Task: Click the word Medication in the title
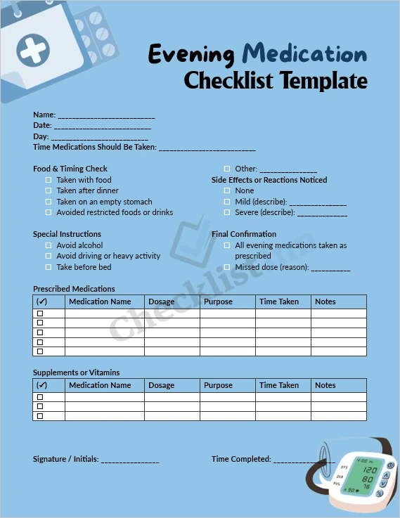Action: pyautogui.click(x=304, y=53)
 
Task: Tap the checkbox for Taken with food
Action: pyautogui.click(x=49, y=180)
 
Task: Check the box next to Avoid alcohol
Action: pyautogui.click(x=49, y=245)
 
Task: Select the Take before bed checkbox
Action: pyautogui.click(x=49, y=267)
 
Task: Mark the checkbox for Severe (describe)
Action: pyautogui.click(x=227, y=212)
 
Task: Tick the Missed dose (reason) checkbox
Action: pyautogui.click(x=227, y=267)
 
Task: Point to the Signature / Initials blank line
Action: pyautogui.click(x=130, y=460)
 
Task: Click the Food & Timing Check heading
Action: pyautogui.click(x=70, y=169)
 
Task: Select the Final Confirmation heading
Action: pyautogui.click(x=244, y=234)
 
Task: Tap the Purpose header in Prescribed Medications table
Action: pyautogui.click(x=218, y=302)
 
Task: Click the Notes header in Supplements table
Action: pyautogui.click(x=325, y=385)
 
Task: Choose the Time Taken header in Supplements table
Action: pyautogui.click(x=279, y=385)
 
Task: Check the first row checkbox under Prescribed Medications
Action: pyautogui.click(x=40, y=313)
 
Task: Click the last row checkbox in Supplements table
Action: pyautogui.click(x=40, y=416)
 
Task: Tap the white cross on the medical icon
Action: pyautogui.click(x=31, y=50)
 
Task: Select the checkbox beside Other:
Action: pyautogui.click(x=227, y=169)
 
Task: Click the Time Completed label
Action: pyautogui.click(x=241, y=459)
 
